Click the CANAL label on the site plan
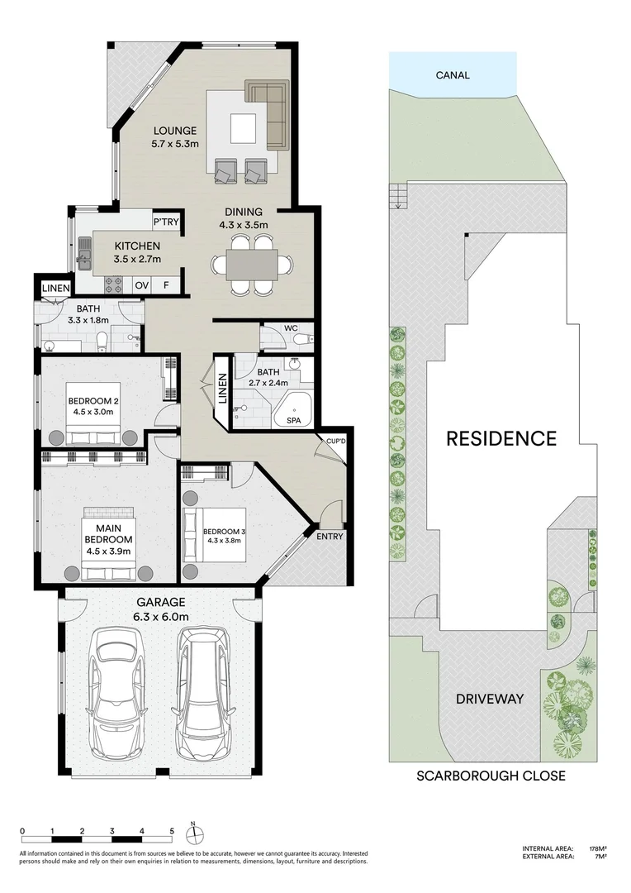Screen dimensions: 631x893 click(x=453, y=74)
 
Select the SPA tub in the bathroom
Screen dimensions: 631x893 click(x=293, y=409)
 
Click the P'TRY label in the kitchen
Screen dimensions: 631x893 click(x=166, y=222)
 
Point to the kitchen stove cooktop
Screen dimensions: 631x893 click(x=114, y=284)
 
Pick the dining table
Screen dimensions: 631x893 click(x=252, y=265)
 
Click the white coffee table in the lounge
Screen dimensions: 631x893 click(x=243, y=129)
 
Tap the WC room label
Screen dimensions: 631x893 click(x=291, y=328)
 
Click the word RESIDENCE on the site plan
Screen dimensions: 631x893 click(x=501, y=438)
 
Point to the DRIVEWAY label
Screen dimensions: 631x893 click(x=490, y=699)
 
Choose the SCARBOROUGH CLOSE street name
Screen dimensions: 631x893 click(x=491, y=775)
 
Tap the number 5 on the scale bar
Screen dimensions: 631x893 click(x=172, y=831)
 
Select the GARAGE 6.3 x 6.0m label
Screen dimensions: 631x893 click(x=162, y=609)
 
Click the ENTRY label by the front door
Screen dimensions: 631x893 click(x=330, y=537)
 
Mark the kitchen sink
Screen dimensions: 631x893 click(x=85, y=254)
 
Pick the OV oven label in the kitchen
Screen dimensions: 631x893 click(x=142, y=284)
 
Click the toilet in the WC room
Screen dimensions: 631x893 click(x=302, y=339)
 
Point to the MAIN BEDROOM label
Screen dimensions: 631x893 click(x=109, y=539)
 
